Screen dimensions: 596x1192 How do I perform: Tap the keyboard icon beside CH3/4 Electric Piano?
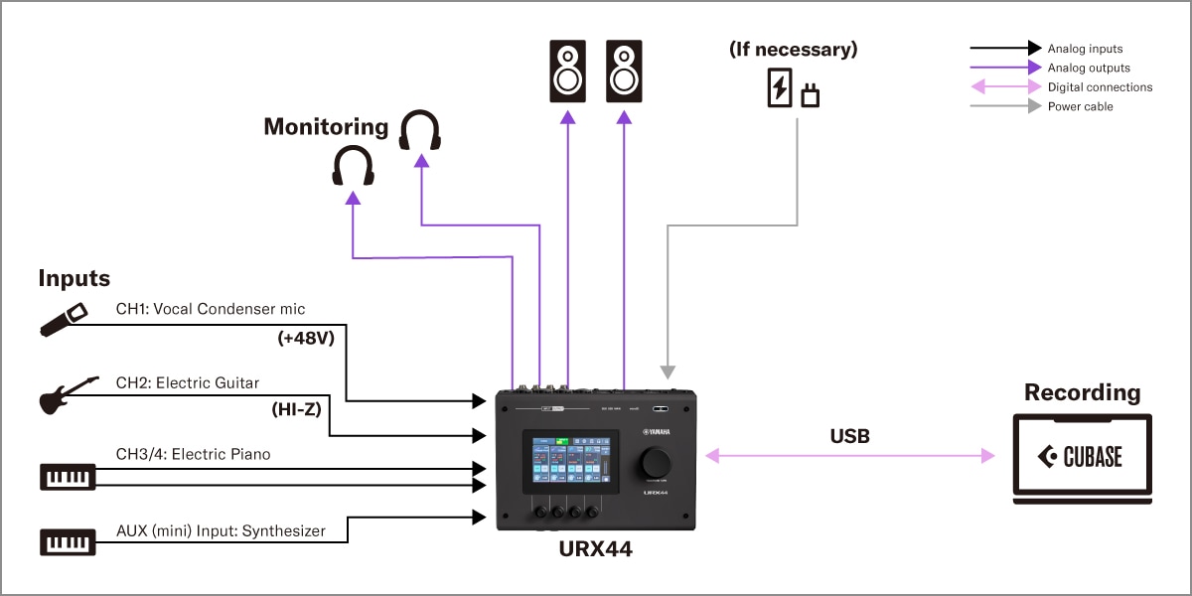point(68,476)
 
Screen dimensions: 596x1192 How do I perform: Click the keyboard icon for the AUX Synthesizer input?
point(68,542)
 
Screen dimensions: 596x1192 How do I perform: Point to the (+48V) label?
point(305,338)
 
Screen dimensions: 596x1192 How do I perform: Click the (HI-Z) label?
point(296,408)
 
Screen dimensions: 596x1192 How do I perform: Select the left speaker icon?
point(567,72)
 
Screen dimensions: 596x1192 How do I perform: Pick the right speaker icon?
point(624,72)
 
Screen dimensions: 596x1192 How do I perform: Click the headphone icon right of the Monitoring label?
point(420,130)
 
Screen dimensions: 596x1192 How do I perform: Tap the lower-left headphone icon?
point(353,166)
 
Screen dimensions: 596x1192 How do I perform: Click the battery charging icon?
point(780,88)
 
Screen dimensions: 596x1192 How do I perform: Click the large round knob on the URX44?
point(656,463)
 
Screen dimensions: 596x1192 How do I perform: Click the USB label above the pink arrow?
point(849,435)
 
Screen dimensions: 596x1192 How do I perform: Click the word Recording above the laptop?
point(1082,392)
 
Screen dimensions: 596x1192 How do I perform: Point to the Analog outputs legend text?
point(1089,68)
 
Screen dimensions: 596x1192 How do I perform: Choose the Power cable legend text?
point(1080,106)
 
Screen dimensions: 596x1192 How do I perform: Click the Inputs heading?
point(74,278)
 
